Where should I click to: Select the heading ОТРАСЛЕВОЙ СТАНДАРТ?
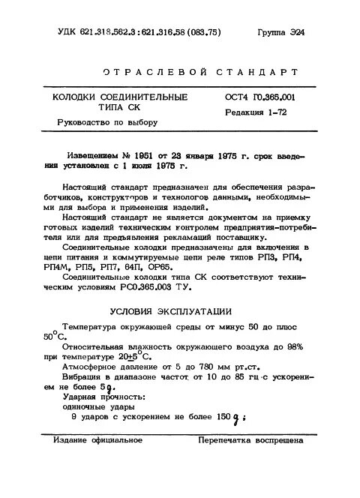tap(194, 73)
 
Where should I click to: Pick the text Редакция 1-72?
tap(253, 112)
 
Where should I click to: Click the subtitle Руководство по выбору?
tap(97, 122)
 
